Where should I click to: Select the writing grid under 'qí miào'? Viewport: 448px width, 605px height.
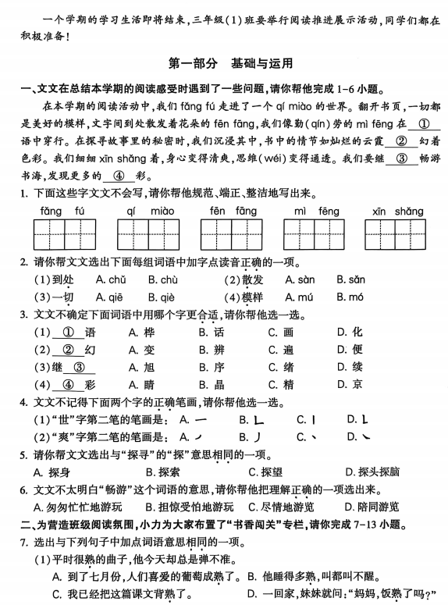150,234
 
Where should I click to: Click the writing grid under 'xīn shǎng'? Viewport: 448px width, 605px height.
397,234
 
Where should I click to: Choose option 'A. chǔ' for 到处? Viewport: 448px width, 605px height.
111,279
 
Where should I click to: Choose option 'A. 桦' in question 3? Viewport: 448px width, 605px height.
138,332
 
